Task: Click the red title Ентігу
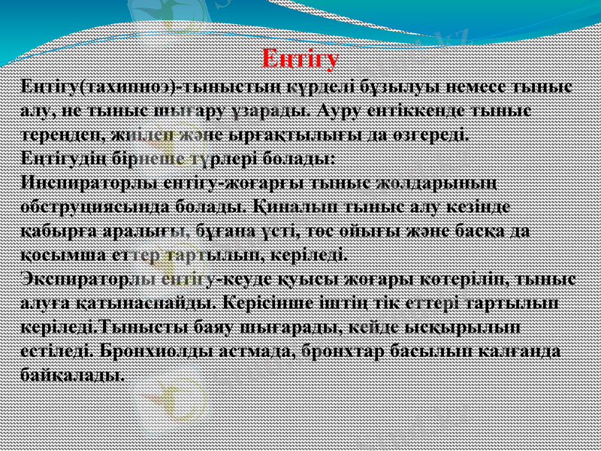[x=301, y=58]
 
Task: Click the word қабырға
[x=53, y=232]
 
